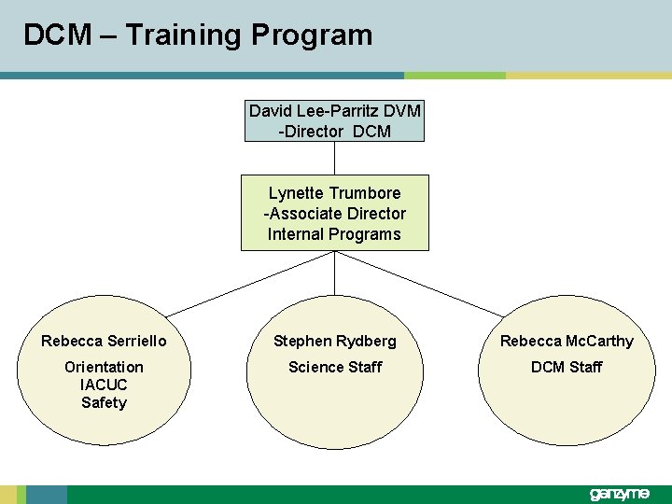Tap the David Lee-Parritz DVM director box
(334, 121)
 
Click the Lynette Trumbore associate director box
(334, 213)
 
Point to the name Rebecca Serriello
(104, 342)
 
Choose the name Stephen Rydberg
(334, 342)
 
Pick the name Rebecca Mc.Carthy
(567, 342)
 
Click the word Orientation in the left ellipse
(104, 367)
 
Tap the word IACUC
(104, 385)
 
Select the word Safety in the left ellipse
(104, 402)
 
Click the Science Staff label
(334, 367)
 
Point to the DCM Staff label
(567, 367)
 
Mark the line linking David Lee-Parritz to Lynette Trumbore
(334, 158)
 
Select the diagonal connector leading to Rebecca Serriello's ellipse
(250, 284)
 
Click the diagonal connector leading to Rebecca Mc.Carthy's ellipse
(419, 284)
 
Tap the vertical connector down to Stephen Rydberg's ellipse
(334, 273)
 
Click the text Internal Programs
(334, 234)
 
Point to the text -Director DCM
(334, 132)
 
